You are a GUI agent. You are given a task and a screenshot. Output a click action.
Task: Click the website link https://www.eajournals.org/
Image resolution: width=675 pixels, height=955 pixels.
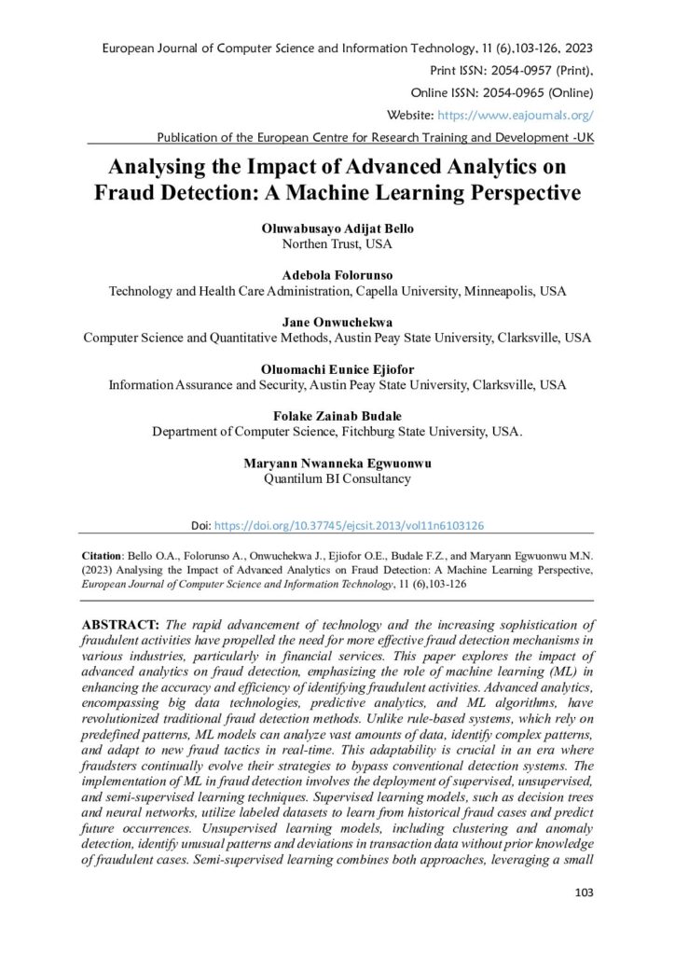(516, 115)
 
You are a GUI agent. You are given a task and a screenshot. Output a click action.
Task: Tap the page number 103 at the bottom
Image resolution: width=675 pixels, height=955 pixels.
(584, 893)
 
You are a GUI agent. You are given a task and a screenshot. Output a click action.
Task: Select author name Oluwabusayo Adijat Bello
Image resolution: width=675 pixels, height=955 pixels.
(337, 228)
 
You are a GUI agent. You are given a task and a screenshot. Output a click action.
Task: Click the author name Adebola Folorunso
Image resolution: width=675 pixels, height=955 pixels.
(337, 275)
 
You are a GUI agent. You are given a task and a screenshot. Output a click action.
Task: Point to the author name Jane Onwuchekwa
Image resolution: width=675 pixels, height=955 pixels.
(337, 322)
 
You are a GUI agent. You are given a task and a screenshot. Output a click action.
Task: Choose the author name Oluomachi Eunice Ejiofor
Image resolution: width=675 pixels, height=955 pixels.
(337, 368)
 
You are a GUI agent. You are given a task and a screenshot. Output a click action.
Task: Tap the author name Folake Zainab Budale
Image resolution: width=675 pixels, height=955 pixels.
(337, 416)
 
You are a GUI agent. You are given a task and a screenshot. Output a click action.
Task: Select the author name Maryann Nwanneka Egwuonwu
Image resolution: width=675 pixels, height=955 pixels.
(337, 463)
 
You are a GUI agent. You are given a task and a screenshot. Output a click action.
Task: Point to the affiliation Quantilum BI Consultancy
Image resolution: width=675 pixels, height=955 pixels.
(337, 478)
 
